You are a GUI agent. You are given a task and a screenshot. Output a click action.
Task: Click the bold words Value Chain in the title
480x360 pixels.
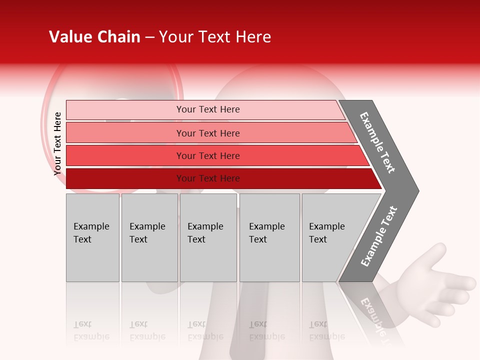point(94,37)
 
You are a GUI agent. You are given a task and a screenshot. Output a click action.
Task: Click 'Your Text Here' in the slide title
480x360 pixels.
point(215,37)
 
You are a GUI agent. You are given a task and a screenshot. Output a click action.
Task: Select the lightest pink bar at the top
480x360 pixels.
point(125,109)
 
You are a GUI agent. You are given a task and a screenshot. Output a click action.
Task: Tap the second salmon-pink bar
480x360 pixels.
point(125,133)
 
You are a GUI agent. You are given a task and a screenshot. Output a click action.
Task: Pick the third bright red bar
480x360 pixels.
point(125,155)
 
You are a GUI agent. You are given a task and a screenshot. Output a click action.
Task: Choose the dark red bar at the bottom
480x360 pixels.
point(125,178)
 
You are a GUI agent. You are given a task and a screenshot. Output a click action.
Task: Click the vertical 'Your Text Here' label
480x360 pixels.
point(57,143)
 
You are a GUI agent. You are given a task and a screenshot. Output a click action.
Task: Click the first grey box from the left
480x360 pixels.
point(92,237)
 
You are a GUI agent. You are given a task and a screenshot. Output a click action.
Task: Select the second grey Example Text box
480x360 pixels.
point(149,237)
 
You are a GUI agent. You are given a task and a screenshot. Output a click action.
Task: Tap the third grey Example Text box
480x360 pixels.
point(208,237)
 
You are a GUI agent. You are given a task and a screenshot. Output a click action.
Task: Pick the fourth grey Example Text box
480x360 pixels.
point(269,237)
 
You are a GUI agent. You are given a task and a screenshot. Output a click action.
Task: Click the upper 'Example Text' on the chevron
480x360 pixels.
point(377,142)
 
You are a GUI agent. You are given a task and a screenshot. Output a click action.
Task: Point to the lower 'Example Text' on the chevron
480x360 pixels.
point(379,236)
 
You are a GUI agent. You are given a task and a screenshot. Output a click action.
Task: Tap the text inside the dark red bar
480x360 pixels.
point(208,178)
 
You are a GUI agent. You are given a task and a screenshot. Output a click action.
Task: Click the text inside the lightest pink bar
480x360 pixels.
point(208,109)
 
